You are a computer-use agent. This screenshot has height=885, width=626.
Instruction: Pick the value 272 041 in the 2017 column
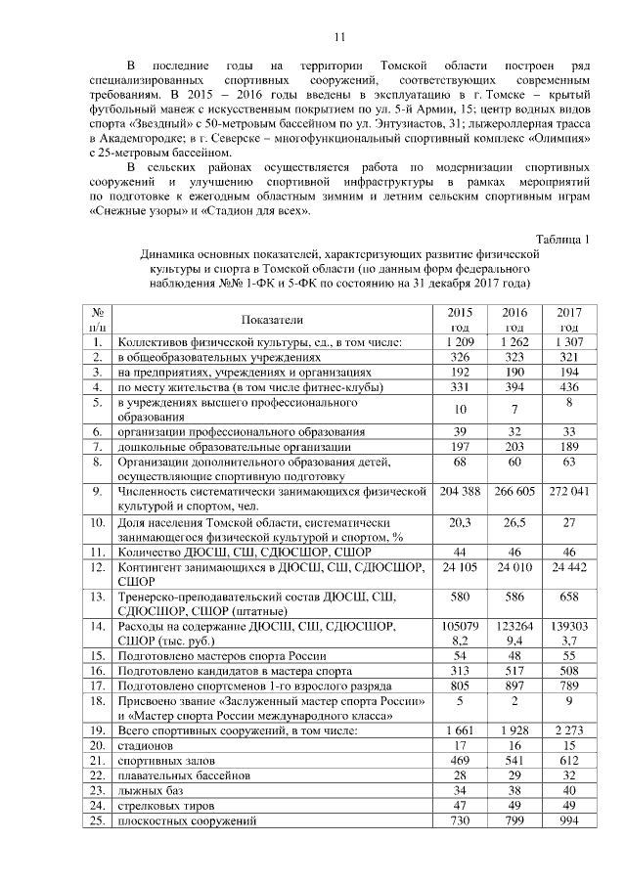(x=568, y=490)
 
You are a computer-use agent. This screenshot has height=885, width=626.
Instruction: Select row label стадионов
(x=147, y=747)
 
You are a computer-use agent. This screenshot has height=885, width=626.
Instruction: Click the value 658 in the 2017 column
(x=568, y=596)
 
